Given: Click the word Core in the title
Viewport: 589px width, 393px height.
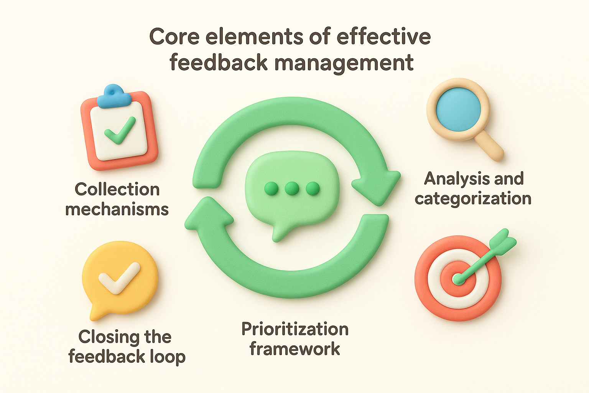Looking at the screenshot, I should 174,37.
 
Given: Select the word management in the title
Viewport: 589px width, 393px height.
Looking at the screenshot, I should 344,63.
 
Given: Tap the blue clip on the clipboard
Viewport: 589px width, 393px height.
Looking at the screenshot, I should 111,96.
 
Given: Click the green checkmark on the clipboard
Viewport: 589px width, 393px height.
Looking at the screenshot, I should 120,131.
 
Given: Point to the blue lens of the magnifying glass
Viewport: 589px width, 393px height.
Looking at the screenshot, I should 458,109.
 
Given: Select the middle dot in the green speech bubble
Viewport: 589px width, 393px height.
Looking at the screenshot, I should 292,188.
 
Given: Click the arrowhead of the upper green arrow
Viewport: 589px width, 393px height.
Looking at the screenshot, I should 378,185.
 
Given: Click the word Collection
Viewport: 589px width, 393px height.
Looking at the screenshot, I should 117,190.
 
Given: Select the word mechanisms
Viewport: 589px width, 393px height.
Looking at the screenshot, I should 117,210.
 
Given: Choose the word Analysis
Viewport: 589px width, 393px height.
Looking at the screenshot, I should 451,179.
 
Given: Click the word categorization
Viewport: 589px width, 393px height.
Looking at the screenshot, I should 473,199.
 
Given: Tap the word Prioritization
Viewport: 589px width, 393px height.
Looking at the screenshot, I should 295,329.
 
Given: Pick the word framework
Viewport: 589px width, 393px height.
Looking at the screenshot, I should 295,349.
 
